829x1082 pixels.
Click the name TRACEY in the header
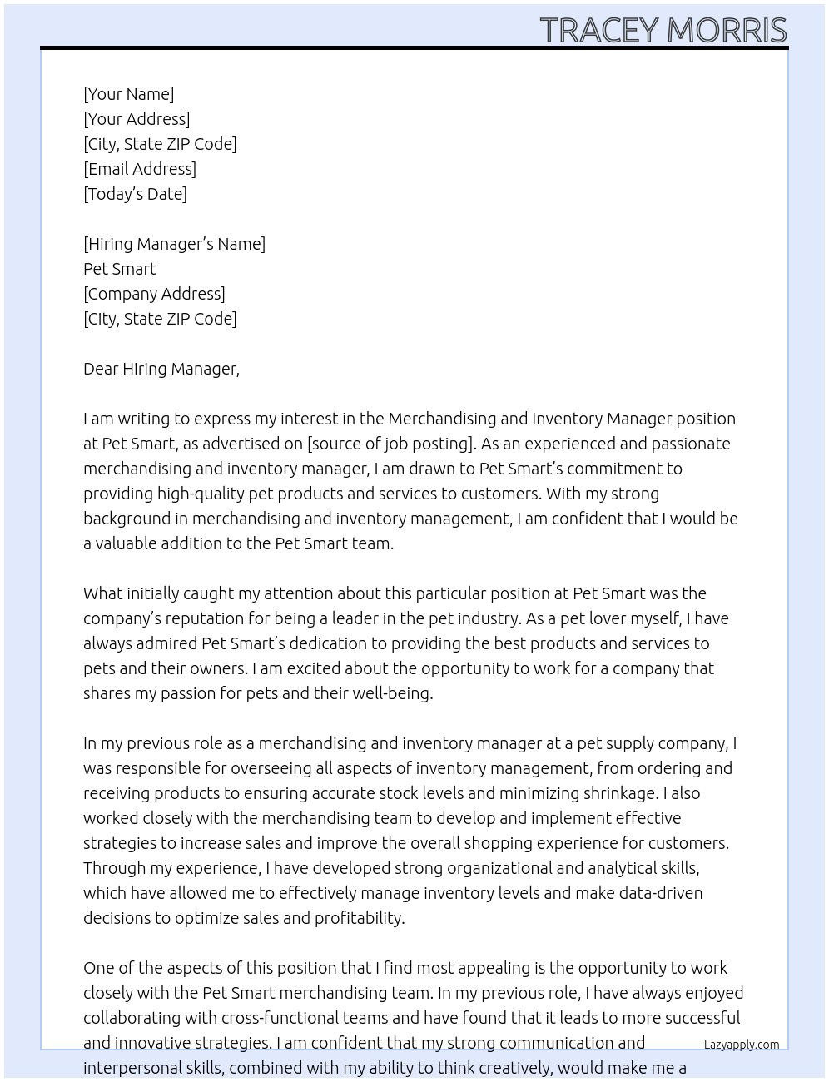coord(599,31)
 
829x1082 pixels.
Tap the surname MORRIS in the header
coord(727,31)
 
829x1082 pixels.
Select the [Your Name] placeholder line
coord(129,94)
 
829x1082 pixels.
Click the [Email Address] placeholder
coord(140,169)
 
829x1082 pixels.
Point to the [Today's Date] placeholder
coord(135,194)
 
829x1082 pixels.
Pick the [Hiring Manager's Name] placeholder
coord(175,244)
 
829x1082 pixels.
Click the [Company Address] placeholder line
coord(154,294)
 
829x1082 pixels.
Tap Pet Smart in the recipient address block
coord(120,269)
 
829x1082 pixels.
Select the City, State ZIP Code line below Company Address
coord(160,319)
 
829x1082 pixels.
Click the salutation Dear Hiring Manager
coord(161,369)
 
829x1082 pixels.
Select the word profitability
coord(360,918)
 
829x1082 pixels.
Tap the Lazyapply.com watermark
coord(742,1045)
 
